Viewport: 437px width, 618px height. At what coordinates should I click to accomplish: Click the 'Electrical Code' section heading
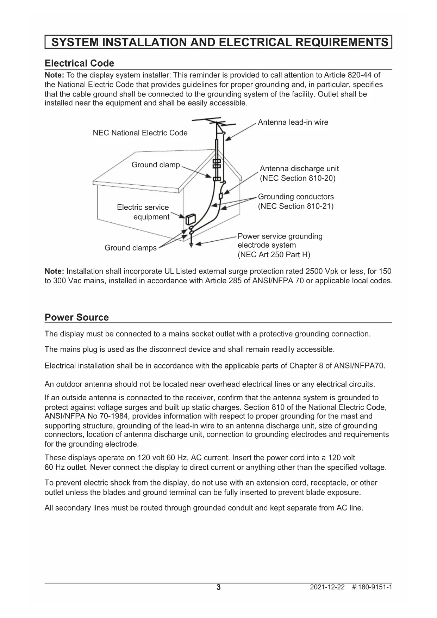click(x=79, y=63)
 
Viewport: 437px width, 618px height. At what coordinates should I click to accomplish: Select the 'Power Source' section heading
click(x=76, y=317)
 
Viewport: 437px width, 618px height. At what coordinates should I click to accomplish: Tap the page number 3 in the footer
click(x=218, y=587)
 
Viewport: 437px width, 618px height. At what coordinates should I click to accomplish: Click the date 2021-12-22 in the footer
click(x=327, y=587)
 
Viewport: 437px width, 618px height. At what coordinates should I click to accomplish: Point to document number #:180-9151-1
click(x=372, y=587)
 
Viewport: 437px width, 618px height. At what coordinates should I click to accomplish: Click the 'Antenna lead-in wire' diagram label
click(x=293, y=122)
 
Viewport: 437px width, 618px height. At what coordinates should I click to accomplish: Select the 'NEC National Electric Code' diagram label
click(x=140, y=133)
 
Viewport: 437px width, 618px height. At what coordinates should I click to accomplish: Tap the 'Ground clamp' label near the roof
click(x=156, y=165)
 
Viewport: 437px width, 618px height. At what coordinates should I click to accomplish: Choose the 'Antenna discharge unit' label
click(x=299, y=169)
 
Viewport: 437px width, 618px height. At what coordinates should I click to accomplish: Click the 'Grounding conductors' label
click(x=296, y=197)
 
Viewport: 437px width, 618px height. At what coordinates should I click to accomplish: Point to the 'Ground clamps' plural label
click(x=130, y=248)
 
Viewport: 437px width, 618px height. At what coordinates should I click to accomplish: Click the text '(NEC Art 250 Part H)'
click(x=274, y=254)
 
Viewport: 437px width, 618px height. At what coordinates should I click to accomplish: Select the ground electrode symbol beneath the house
click(x=191, y=244)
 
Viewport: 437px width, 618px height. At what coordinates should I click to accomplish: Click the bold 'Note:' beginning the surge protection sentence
click(x=54, y=272)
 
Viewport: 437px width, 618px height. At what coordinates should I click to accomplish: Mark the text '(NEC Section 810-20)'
click(x=298, y=178)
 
